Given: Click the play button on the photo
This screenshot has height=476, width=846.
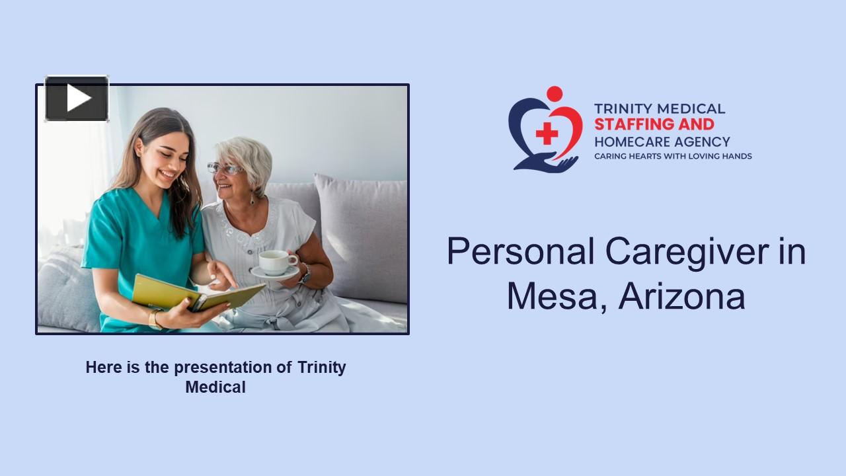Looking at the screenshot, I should [x=77, y=99].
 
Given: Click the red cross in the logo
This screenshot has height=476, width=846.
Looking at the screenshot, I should [x=547, y=134].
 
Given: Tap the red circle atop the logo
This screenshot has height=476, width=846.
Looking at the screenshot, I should [x=555, y=94].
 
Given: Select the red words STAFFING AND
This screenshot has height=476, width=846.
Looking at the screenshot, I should [x=654, y=124].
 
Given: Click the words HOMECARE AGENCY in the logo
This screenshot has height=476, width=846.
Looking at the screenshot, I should [x=662, y=141].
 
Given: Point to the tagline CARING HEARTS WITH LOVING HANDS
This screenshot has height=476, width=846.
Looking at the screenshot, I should [x=673, y=157].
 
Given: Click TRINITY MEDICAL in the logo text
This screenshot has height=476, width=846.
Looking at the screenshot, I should [x=659, y=108].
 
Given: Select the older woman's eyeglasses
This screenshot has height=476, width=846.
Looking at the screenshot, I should [x=225, y=169].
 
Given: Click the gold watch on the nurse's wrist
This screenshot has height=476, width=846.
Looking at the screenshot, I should [x=155, y=319].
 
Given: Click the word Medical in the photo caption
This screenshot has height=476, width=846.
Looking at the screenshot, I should [x=215, y=387].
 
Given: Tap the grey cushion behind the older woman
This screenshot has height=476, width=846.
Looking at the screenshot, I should [x=364, y=231].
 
